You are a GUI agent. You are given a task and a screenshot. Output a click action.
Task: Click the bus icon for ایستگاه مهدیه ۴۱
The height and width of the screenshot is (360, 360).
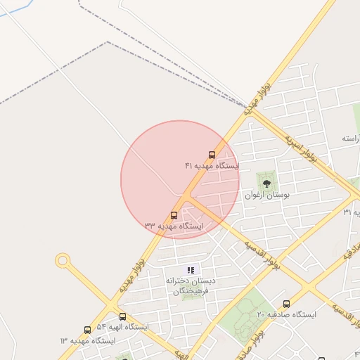(x=212, y=155)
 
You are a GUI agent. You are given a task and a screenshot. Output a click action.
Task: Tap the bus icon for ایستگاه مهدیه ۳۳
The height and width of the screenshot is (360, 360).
(x=174, y=215)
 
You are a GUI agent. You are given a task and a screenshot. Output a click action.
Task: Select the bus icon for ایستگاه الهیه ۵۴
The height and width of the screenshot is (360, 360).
(x=122, y=316)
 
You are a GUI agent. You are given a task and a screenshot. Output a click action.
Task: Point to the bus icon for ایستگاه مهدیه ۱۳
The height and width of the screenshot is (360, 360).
(x=87, y=330)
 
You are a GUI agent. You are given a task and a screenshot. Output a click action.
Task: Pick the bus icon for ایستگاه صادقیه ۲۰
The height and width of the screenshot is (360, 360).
(x=286, y=304)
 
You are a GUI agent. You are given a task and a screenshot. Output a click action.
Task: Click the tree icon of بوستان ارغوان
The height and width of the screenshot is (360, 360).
(x=266, y=184)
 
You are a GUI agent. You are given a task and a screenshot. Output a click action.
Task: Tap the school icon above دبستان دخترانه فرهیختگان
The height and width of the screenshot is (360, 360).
(x=190, y=270)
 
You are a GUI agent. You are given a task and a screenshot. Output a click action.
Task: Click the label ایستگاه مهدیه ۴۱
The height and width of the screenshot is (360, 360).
(x=212, y=166)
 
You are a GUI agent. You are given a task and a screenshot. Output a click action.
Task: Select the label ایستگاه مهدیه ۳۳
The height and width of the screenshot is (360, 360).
(x=174, y=226)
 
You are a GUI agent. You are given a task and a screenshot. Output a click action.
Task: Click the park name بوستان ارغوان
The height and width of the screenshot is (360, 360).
(x=266, y=195)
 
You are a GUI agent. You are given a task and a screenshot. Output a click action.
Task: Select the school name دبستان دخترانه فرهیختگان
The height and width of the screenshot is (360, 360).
(x=191, y=285)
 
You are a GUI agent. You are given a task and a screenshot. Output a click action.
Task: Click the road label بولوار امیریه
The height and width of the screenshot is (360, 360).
(x=301, y=146)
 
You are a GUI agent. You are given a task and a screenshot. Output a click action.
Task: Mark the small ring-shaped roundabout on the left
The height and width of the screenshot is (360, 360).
(x=63, y=262)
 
